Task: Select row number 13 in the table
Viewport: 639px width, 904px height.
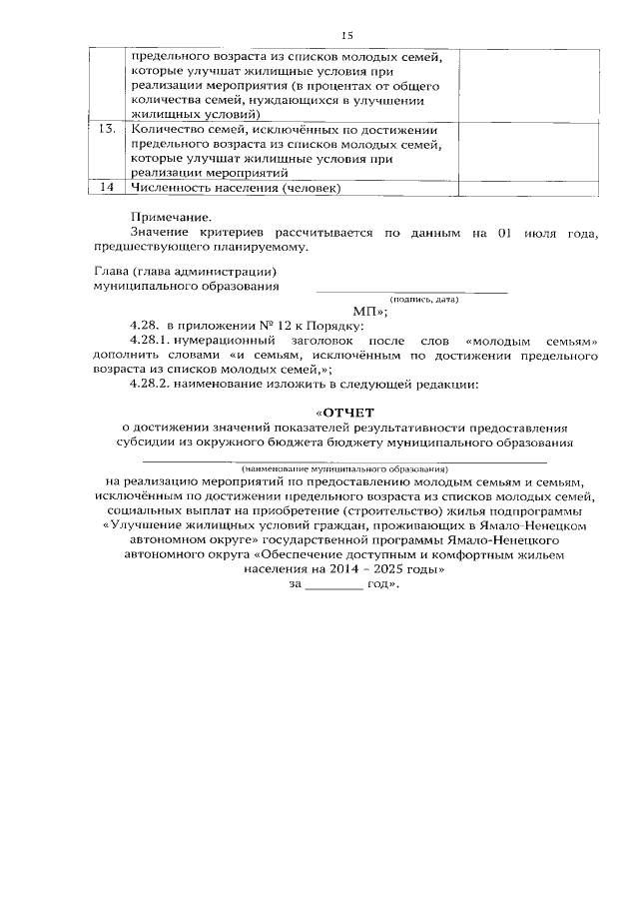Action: pos(107,130)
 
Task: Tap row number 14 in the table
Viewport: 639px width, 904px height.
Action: pos(107,187)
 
